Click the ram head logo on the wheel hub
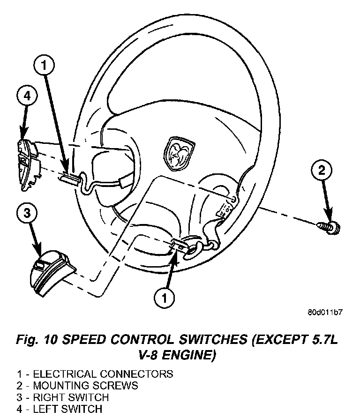[x=178, y=152]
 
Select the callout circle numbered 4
[x=28, y=96]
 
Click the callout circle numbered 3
[x=28, y=214]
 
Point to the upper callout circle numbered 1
[x=44, y=66]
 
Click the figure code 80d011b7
[x=325, y=313]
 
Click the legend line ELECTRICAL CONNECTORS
[x=95, y=374]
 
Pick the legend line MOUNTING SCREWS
[x=78, y=386]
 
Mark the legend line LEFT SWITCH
[x=60, y=409]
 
